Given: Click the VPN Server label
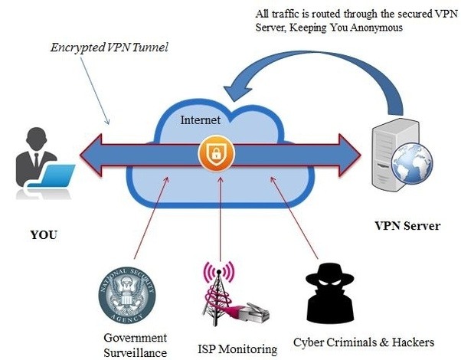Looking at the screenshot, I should pos(407,226).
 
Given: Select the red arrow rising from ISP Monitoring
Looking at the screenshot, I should pos(221,222).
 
